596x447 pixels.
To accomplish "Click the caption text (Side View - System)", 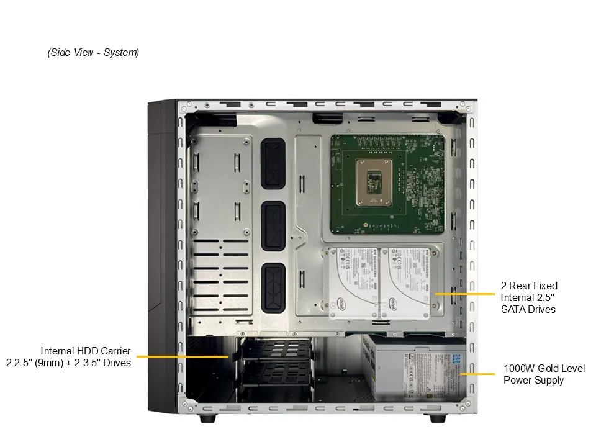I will click(x=93, y=53).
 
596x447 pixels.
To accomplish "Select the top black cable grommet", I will click(x=273, y=163).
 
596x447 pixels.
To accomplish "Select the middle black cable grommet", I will click(x=273, y=226).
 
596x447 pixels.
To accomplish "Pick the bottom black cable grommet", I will click(x=273, y=287).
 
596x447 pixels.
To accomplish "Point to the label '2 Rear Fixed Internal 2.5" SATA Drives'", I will click(x=528, y=297).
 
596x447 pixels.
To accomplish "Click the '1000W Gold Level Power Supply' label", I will click(x=544, y=374).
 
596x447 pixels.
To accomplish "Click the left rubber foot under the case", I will click(x=208, y=418).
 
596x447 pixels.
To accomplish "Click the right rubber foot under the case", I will click(x=437, y=418).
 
